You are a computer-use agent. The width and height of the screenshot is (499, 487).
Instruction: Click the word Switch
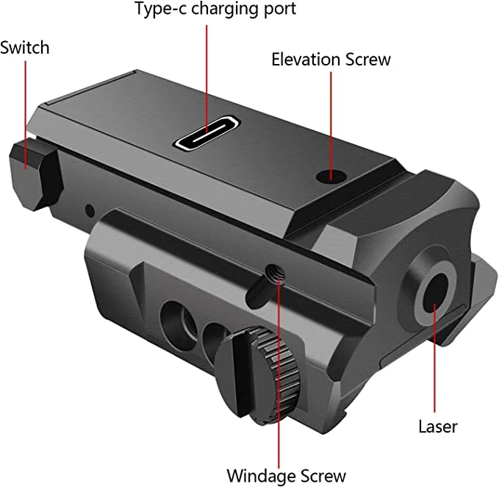pyautogui.click(x=25, y=48)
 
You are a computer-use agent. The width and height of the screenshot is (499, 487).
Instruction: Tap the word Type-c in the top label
pyautogui.click(x=161, y=9)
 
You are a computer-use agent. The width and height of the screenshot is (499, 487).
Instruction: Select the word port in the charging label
pyautogui.click(x=279, y=10)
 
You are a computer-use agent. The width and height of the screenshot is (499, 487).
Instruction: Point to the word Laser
pyautogui.click(x=438, y=427)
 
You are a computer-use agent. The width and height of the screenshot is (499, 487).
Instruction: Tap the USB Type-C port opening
pyautogui.click(x=207, y=134)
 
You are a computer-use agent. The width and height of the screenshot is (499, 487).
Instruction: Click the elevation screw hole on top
pyautogui.click(x=331, y=176)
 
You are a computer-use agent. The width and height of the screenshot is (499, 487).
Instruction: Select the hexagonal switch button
pyautogui.click(x=35, y=176)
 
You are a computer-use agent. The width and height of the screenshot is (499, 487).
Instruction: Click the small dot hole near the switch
pyautogui.click(x=90, y=210)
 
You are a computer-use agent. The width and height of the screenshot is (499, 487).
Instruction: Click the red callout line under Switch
pyautogui.click(x=26, y=115)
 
